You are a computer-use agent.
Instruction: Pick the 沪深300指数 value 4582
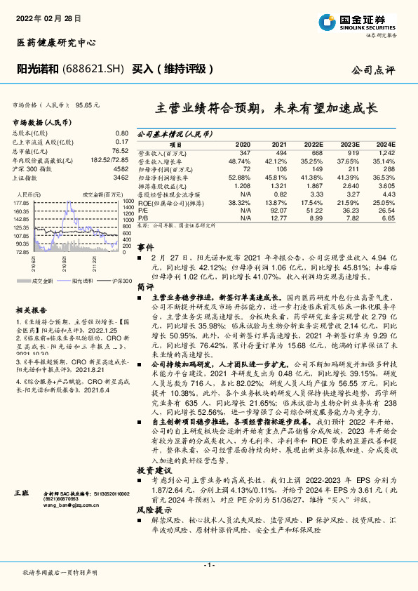click(121, 168)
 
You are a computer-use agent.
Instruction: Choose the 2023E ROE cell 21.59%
click(348, 202)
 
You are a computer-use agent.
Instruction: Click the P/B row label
click(143, 218)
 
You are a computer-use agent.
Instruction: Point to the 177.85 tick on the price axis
click(22, 202)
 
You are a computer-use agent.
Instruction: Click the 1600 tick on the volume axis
click(128, 201)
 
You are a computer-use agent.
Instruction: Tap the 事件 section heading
click(145, 248)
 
